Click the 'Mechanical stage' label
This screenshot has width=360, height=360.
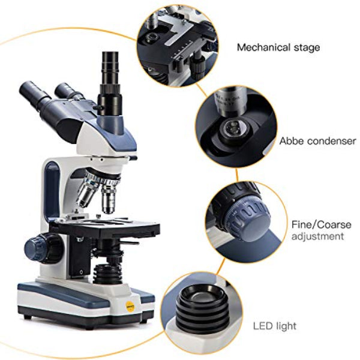click(278, 47)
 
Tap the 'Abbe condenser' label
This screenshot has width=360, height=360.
click(317, 141)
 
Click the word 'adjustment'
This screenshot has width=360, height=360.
click(317, 236)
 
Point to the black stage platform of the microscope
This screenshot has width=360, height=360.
click(102, 228)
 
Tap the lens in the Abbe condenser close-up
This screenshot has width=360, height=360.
click(232, 128)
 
